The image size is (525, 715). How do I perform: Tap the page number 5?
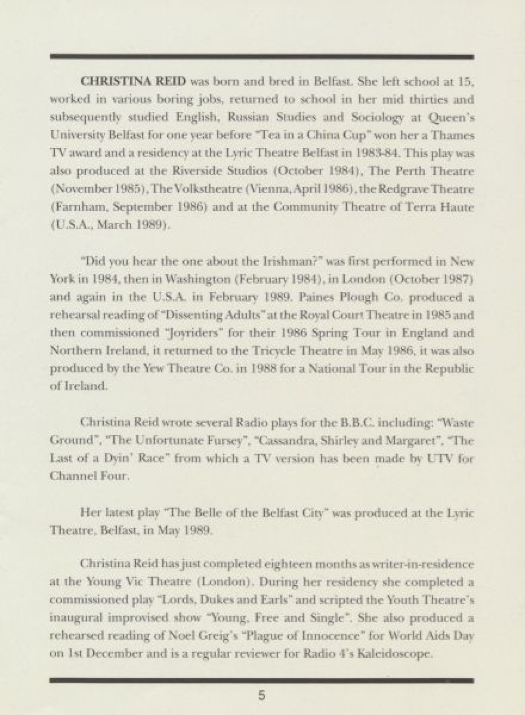[262, 694]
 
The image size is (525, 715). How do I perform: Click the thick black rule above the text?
[262, 56]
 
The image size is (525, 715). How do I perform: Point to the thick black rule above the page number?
[262, 680]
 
